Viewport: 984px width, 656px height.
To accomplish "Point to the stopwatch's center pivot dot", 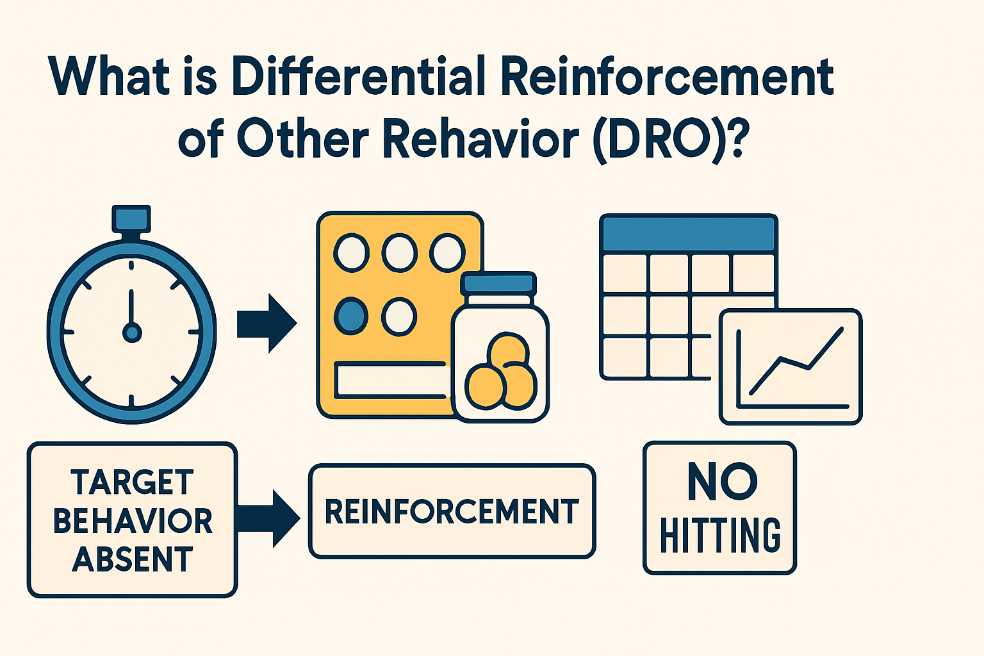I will tap(132, 332).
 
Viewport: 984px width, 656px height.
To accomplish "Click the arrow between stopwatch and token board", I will tap(266, 324).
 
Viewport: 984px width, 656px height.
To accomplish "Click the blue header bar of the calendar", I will tap(689, 234).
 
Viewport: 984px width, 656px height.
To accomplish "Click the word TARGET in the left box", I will tap(132, 482).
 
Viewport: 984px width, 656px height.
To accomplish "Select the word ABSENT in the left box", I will tap(132, 559).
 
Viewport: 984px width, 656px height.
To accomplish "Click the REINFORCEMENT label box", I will tap(452, 511).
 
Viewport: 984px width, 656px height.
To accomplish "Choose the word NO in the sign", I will tap(722, 482).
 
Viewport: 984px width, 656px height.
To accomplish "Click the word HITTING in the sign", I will tap(720, 536).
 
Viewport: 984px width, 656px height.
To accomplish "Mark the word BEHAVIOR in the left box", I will tap(132, 521).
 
